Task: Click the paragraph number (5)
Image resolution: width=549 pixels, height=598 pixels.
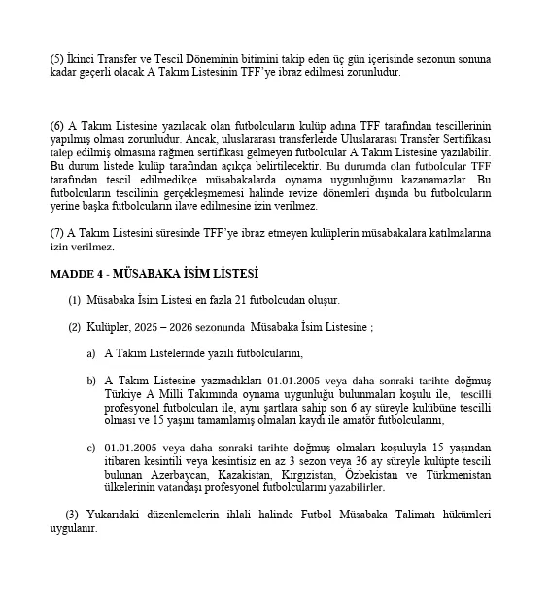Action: tap(56, 58)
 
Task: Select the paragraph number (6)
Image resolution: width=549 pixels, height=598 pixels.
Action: tap(56, 127)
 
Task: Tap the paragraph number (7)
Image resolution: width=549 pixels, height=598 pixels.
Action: tap(56, 233)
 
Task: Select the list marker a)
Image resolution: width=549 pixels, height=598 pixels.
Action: tap(91, 353)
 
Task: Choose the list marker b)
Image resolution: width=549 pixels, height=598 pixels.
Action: tap(91, 381)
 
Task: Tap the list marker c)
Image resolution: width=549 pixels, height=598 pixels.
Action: tap(91, 447)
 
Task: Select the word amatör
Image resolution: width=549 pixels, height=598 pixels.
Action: tap(358, 420)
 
